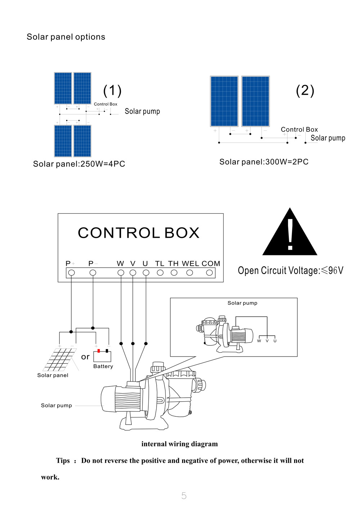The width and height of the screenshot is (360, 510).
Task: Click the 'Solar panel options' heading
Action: pos(66,37)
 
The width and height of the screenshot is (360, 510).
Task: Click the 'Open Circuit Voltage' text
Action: pos(291,270)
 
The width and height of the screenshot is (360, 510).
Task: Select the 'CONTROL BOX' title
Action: pos(139,233)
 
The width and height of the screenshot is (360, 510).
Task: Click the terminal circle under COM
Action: pos(210,273)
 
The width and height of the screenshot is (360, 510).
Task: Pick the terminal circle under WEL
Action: pos(190,273)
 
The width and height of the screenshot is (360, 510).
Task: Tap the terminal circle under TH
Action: pos(174,273)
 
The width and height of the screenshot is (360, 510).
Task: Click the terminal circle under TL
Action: pos(160,273)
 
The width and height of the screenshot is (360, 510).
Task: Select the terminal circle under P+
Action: pos(72,273)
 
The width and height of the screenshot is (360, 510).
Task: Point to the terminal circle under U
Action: pos(146,273)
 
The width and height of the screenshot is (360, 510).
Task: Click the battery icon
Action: pos(102,356)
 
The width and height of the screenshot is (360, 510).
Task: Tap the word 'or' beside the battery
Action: pos(85,357)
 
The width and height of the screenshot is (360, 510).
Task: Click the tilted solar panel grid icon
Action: pos(60,359)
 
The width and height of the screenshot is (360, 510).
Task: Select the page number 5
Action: pos(184,496)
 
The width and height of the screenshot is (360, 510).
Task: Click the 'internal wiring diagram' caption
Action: pos(180,444)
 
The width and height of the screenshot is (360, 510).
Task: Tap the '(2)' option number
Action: pos(305,90)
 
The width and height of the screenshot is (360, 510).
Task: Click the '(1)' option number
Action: pos(112,90)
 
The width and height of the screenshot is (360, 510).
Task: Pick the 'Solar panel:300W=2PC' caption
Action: pos(264,162)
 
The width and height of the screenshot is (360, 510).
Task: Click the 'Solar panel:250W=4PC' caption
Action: pos(79,164)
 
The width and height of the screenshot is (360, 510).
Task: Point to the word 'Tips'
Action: pos(63,461)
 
